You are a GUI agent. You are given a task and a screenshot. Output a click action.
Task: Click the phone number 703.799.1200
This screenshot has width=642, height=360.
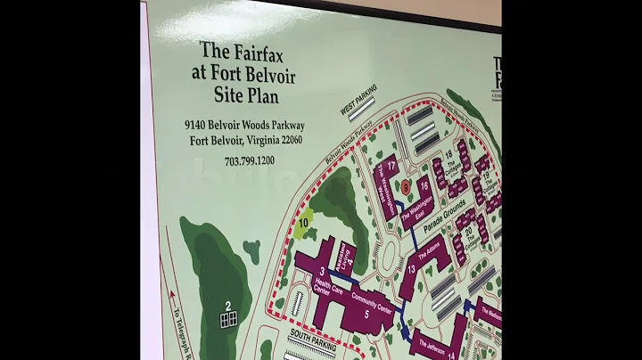(x=250, y=161)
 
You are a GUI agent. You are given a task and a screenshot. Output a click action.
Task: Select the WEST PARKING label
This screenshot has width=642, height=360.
(x=358, y=99)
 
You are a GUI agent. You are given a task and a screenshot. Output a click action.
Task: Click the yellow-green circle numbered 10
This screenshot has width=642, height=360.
(x=304, y=223)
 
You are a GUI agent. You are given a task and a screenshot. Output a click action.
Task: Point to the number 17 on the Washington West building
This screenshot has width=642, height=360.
(x=391, y=166)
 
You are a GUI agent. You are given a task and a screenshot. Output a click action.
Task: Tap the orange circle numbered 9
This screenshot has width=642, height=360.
(x=405, y=185)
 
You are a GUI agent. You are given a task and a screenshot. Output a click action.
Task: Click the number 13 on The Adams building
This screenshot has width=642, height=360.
(x=412, y=268)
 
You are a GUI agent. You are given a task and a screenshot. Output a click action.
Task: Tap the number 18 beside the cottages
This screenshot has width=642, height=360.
(x=449, y=155)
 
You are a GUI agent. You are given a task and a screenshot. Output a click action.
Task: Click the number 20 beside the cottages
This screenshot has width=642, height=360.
(x=468, y=230)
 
